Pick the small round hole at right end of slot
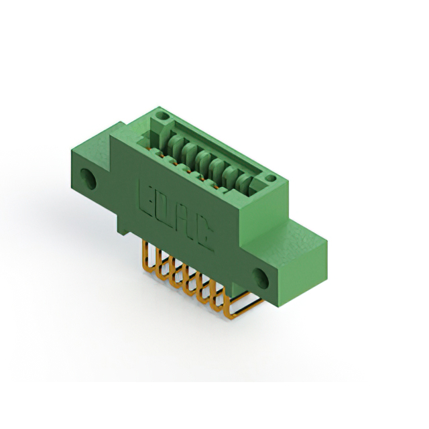click(270, 178)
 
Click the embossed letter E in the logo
click(147, 195)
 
